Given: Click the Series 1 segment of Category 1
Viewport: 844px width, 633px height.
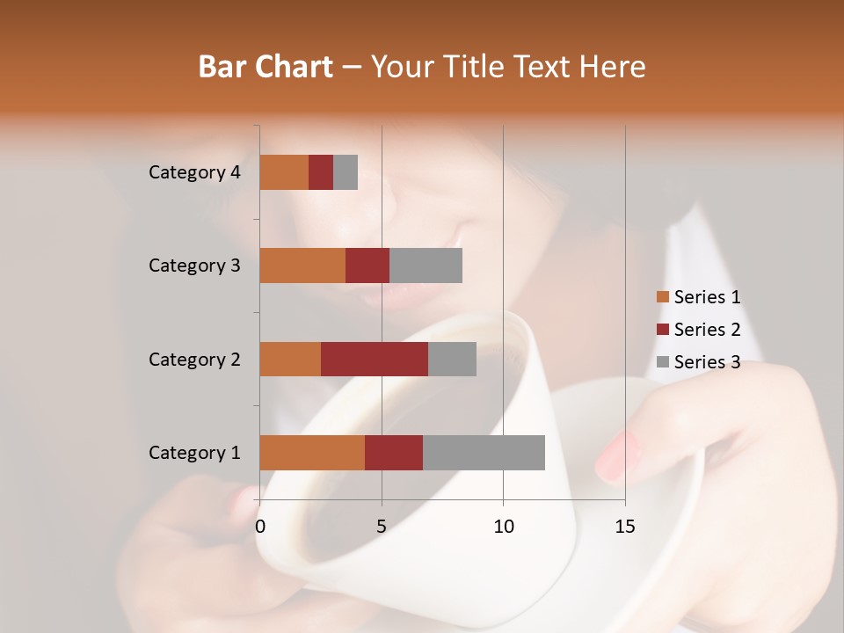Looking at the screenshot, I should [312, 453].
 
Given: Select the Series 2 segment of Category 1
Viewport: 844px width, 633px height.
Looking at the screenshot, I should [394, 453].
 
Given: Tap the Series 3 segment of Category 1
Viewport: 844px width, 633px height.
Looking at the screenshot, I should [484, 453].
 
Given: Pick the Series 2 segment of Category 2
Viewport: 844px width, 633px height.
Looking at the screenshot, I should [375, 359].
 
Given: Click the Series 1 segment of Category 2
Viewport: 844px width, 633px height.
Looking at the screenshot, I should [290, 359].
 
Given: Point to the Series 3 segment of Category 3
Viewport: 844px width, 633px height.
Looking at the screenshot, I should [426, 266].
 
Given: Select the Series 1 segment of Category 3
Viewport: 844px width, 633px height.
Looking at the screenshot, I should [302, 266].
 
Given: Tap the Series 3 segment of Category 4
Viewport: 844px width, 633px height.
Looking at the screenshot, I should [346, 172].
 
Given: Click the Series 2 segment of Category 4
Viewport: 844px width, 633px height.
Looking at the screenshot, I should [321, 172].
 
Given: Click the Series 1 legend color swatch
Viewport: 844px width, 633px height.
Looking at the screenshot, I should [662, 297].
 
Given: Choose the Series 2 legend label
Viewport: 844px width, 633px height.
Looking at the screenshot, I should [707, 330].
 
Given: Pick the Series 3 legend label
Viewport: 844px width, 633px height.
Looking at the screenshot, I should [707, 362].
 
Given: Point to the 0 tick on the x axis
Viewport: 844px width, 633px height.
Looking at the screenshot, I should [260, 527].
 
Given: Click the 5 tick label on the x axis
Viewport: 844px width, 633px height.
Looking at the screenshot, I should [382, 527].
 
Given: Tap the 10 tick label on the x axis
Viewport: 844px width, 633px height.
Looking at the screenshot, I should [503, 527].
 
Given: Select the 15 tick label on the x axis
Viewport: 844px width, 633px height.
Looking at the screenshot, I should [624, 527].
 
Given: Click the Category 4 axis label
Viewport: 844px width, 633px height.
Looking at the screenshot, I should [194, 172].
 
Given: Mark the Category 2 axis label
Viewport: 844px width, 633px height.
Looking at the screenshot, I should [194, 359].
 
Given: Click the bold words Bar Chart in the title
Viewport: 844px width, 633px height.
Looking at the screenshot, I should [266, 67].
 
